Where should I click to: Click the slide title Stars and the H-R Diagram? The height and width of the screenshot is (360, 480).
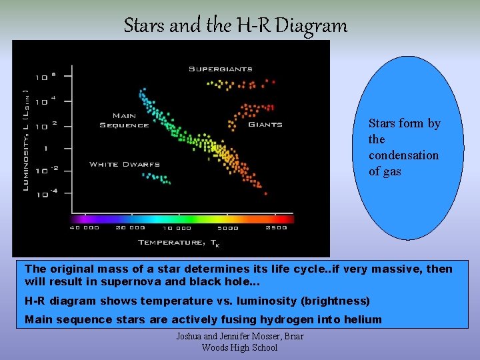tap(235, 26)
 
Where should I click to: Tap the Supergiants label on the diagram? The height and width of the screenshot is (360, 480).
tap(220, 69)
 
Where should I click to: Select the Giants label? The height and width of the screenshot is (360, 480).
tap(265, 124)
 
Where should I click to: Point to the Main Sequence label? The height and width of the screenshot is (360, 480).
tap(124, 121)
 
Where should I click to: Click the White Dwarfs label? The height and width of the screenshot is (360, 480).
tap(124, 164)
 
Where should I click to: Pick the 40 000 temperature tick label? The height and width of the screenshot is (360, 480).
tap(84, 228)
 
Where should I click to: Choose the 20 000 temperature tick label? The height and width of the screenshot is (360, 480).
tap(131, 228)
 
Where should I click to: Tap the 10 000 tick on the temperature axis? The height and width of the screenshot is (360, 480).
tap(177, 228)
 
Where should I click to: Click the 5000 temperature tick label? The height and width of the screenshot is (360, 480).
tap(228, 228)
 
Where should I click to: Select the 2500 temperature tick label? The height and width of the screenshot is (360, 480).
tap(275, 228)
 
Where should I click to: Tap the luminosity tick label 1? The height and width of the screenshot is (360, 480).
tap(46, 148)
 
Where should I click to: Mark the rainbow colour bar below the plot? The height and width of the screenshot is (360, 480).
tap(181, 217)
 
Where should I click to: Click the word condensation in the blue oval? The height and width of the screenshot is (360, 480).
tap(403, 155)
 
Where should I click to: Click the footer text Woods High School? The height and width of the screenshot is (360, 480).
tap(239, 347)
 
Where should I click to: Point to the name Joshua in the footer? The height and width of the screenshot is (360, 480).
tap(189, 337)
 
